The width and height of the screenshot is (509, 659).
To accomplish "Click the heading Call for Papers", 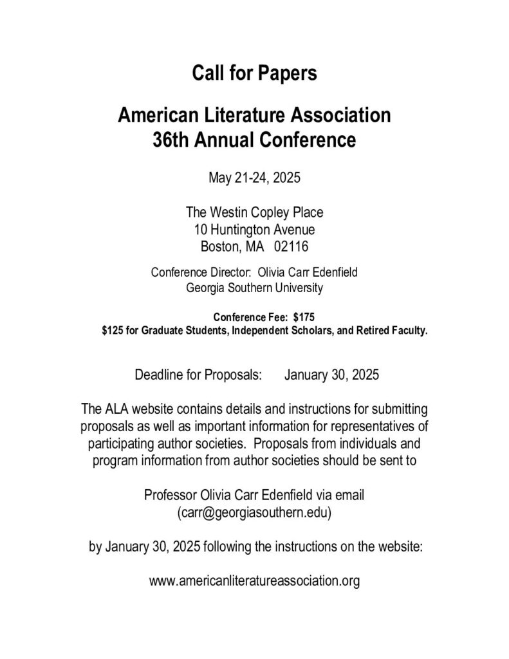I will click(x=254, y=73).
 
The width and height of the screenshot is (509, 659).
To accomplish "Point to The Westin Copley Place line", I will click(x=254, y=212).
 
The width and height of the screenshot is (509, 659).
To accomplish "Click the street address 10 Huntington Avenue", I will click(x=254, y=228).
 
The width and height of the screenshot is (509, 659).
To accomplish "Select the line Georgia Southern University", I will click(x=254, y=288).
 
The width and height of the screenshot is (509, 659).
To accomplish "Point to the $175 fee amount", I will click(x=304, y=317).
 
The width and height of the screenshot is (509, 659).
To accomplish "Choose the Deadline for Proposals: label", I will click(x=198, y=375).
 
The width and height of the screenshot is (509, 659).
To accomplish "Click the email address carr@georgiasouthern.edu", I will click(x=254, y=513).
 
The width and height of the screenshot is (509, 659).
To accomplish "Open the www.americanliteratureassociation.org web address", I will click(x=254, y=581).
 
